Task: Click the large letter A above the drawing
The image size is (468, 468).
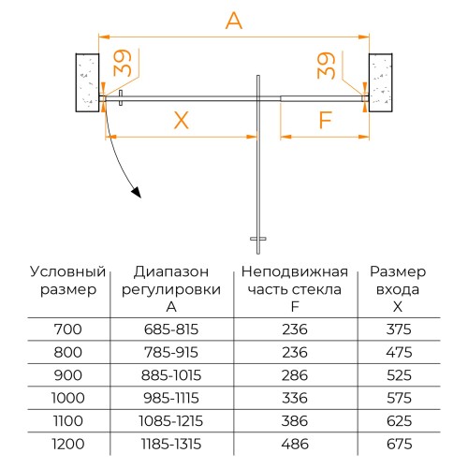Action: point(234,22)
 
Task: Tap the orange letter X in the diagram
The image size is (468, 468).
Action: point(182,120)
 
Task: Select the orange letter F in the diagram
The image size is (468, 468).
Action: point(326,120)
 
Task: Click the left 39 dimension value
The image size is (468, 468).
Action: point(123,63)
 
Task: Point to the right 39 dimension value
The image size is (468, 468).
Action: point(326,66)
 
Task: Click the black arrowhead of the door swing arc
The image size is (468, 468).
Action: point(137,193)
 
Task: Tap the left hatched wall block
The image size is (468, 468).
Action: point(88,82)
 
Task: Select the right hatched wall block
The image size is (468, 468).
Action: point(381,82)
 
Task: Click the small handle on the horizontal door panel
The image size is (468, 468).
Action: point(121,98)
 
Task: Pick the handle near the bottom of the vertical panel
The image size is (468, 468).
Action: point(258,239)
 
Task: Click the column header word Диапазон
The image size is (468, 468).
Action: point(171,271)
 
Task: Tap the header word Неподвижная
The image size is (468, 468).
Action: point(295,271)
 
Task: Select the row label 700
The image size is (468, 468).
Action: point(68,329)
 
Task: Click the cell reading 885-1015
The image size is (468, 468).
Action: point(171,375)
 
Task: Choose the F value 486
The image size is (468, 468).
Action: point(295,444)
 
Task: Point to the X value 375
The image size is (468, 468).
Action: point(399,329)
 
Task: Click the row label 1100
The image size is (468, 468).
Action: point(68,421)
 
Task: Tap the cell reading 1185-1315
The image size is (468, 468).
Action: point(171,444)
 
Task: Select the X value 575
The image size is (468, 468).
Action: point(399,398)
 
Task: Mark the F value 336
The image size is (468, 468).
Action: point(295,398)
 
